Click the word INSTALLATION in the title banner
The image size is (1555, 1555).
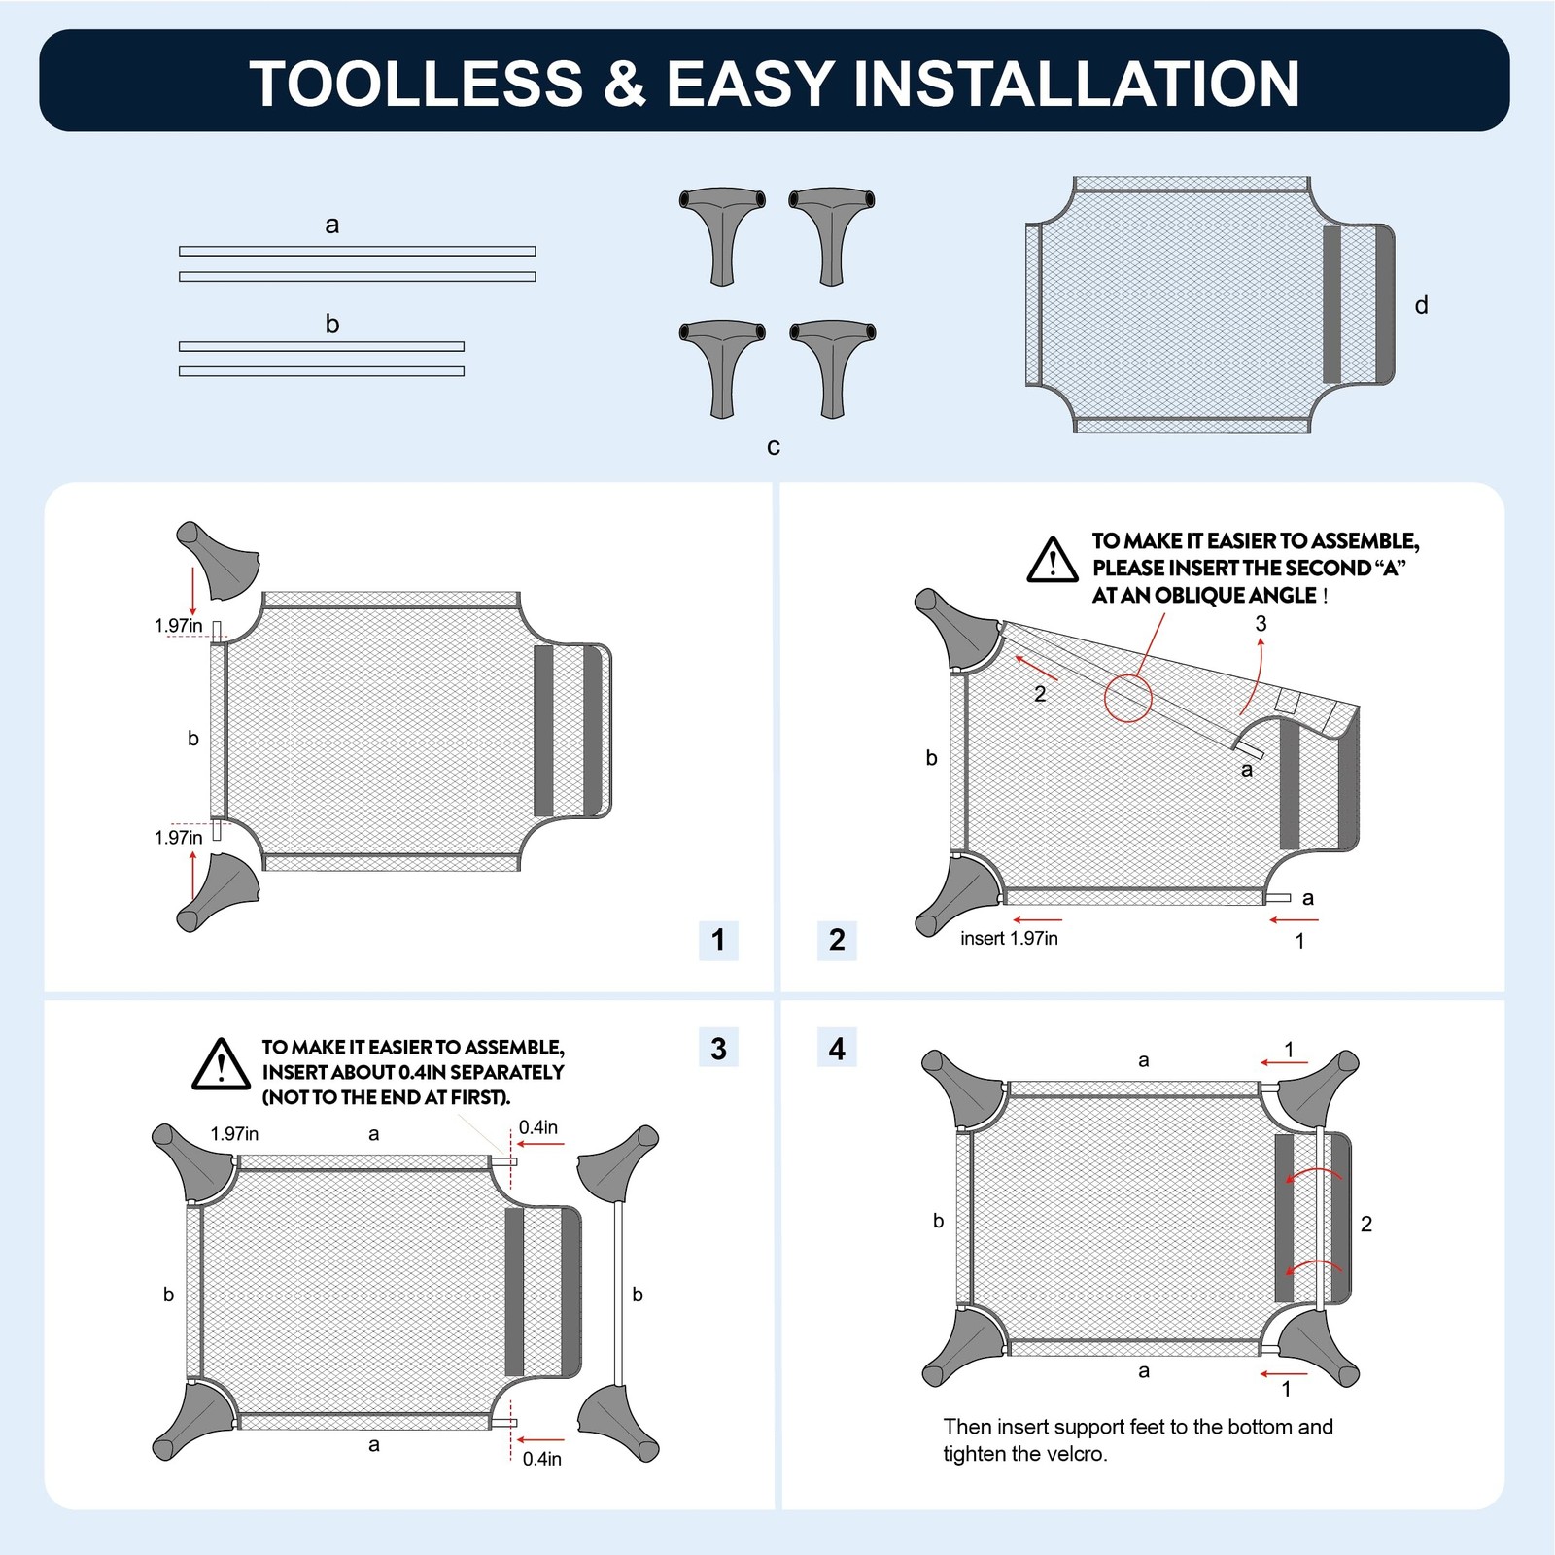[1077, 84]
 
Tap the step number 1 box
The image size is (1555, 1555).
[718, 941]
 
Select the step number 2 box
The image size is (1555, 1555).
[837, 941]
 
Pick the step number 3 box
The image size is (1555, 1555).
[718, 1049]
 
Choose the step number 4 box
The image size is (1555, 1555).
[837, 1049]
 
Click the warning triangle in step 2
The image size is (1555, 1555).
[1053, 561]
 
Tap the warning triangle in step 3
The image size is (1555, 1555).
[222, 1064]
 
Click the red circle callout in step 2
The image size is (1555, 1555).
[1127, 697]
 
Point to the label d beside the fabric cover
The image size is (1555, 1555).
[1421, 305]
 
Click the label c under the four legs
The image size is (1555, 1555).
[774, 447]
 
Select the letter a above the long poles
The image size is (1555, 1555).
[332, 225]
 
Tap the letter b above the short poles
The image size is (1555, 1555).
[332, 324]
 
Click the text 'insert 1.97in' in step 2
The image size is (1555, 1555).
[1009, 938]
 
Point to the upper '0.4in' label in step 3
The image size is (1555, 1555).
[538, 1127]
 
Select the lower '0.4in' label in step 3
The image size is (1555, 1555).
[542, 1459]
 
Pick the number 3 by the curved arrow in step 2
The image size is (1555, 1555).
[1261, 624]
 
